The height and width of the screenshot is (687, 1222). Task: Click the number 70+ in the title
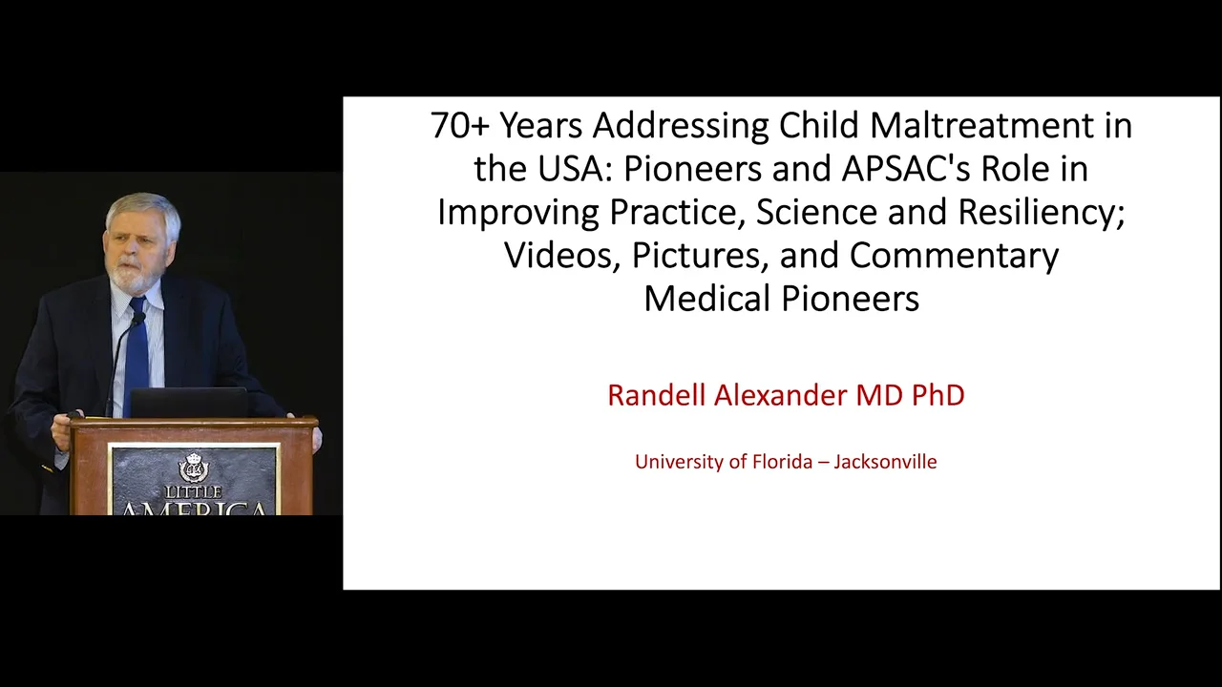(x=460, y=126)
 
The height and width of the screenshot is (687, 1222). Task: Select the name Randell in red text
(x=656, y=395)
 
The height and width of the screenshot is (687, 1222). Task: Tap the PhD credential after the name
(x=938, y=395)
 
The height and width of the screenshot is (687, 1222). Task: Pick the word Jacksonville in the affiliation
(x=885, y=462)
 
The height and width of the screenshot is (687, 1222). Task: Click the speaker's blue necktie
(x=137, y=358)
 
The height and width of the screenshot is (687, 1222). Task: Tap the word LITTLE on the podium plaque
(x=193, y=492)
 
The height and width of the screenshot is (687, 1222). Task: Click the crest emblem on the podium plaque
(x=193, y=468)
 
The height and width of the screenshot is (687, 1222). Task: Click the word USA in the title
(x=569, y=169)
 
